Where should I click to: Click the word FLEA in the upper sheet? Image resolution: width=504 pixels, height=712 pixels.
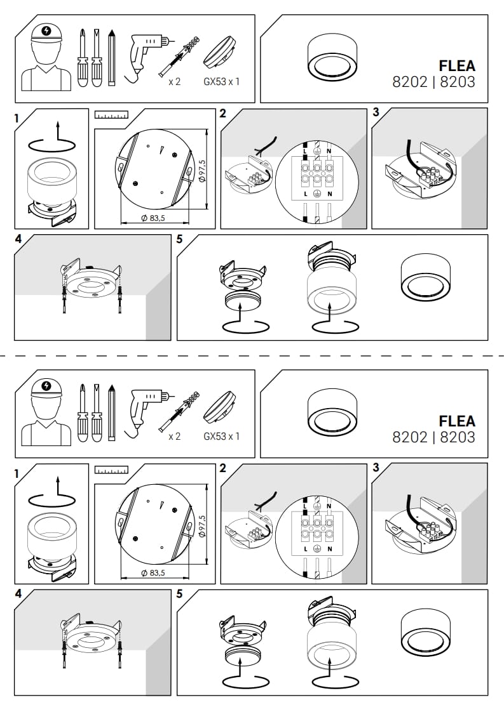coord(457,66)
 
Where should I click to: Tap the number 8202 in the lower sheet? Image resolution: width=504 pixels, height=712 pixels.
coord(410,437)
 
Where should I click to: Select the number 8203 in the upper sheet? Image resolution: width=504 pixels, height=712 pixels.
coord(458,82)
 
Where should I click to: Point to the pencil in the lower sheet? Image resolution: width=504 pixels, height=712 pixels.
coord(111,412)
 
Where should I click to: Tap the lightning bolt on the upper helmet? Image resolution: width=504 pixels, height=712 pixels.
coord(46,31)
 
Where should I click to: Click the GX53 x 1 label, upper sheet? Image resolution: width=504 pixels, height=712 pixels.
coord(221,82)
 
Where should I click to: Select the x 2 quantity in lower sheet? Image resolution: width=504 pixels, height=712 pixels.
coord(174,437)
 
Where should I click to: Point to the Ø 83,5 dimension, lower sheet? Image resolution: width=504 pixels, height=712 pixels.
coord(153,573)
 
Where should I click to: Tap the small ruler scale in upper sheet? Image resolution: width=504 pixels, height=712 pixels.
coord(111,114)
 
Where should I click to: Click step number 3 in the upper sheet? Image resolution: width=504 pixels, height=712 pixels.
coord(376,112)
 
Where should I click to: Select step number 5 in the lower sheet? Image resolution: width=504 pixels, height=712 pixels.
coord(179,594)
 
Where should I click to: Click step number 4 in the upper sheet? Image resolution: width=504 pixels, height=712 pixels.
coord(18,239)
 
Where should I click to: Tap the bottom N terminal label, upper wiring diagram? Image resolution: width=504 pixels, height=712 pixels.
coord(330,194)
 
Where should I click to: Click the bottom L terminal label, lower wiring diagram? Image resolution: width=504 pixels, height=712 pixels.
coord(306,549)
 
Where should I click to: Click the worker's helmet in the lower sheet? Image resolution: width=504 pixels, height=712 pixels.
coord(46,389)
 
